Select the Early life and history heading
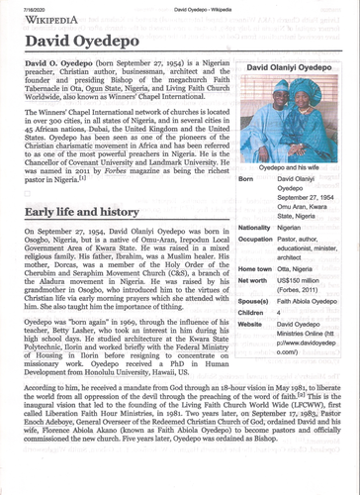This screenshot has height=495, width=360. coord(95,212)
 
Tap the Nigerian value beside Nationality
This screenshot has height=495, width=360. coord(296,228)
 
